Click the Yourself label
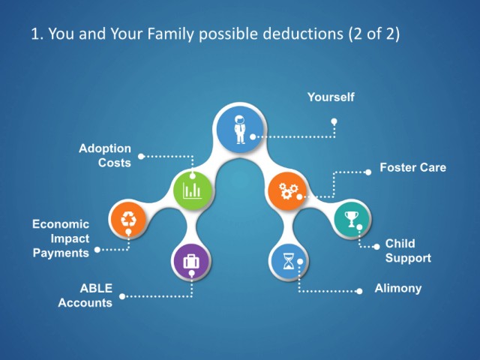[331, 97]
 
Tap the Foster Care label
[413, 167]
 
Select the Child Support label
[408, 250]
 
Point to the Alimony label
[398, 288]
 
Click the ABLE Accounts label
[85, 295]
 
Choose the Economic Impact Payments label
[61, 238]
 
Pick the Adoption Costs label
[105, 155]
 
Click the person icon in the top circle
[240, 129]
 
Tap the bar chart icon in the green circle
[192, 190]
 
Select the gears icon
[288, 191]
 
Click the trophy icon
[352, 219]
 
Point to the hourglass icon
[288, 261]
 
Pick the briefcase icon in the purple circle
[191, 262]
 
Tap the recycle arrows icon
[128, 219]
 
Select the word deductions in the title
[303, 33]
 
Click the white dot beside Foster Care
[368, 172]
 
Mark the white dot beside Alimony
[360, 291]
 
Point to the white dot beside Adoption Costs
[141, 157]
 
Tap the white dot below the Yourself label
[334, 121]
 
